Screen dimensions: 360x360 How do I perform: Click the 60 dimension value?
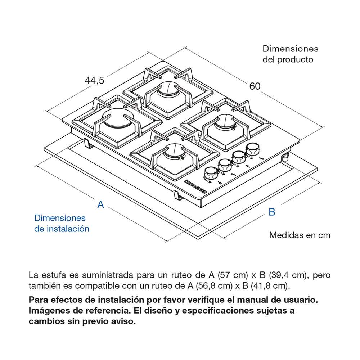point(255,86)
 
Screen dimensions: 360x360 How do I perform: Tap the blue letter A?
point(101,204)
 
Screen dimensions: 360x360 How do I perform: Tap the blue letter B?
point(272,212)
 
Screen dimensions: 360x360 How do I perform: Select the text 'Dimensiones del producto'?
point(290,54)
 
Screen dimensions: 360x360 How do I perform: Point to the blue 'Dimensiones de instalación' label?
point(62,223)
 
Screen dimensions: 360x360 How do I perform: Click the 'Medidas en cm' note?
point(300,235)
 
